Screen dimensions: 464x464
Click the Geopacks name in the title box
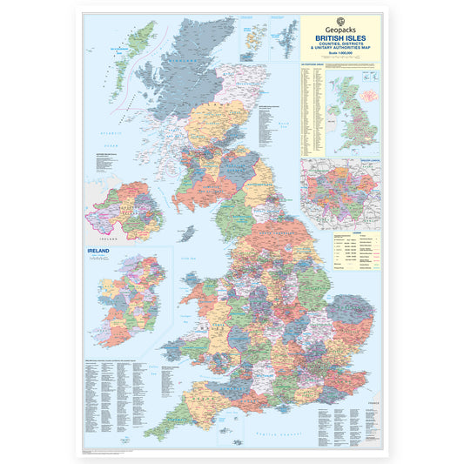point(340,29)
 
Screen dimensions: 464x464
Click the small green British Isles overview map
point(357,111)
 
